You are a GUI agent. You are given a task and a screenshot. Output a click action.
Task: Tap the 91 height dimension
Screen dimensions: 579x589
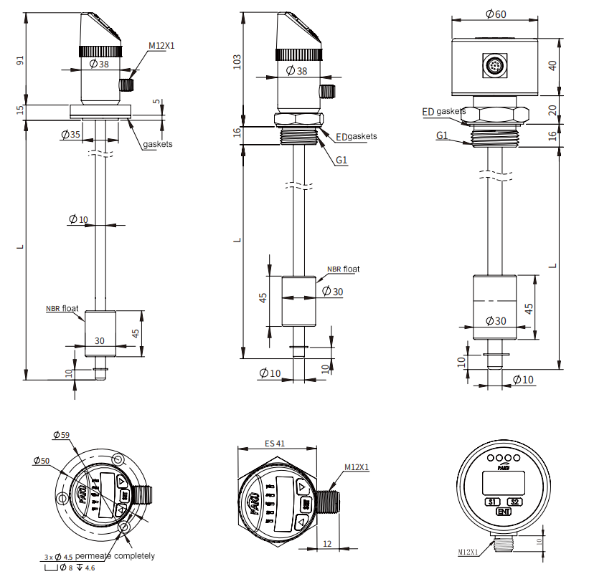tap(19, 61)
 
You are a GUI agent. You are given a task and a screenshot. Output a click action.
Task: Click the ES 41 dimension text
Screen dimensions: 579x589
tap(275, 444)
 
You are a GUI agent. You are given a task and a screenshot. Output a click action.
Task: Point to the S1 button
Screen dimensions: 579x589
tap(492, 502)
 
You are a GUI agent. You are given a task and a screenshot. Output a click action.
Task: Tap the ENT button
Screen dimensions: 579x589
tap(504, 512)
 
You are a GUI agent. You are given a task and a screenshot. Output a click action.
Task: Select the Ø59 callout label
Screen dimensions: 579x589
tap(62, 435)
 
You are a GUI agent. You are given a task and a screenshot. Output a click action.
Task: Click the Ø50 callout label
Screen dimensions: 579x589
tap(41, 460)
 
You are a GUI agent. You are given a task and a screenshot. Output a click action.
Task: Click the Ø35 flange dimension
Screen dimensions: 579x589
tap(70, 135)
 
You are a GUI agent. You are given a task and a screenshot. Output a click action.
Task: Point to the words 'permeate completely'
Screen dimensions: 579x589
tap(115, 555)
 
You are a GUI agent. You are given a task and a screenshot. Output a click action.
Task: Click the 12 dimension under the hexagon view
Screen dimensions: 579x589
tap(326, 544)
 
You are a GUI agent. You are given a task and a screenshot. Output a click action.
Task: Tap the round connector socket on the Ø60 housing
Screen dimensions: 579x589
tap(494, 66)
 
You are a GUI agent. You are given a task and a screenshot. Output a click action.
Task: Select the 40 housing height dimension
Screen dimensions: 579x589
tap(572, 64)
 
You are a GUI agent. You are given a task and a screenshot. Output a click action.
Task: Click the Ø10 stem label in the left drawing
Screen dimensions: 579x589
tap(78, 219)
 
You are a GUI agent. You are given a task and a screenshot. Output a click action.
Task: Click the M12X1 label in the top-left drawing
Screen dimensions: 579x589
tap(161, 46)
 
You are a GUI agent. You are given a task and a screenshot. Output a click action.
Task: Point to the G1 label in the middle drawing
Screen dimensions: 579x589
tap(341, 161)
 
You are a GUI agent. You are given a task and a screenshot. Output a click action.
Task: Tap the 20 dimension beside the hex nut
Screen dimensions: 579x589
tap(572, 110)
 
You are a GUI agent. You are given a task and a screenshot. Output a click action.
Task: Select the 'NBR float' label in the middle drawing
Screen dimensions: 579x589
tap(344, 269)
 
